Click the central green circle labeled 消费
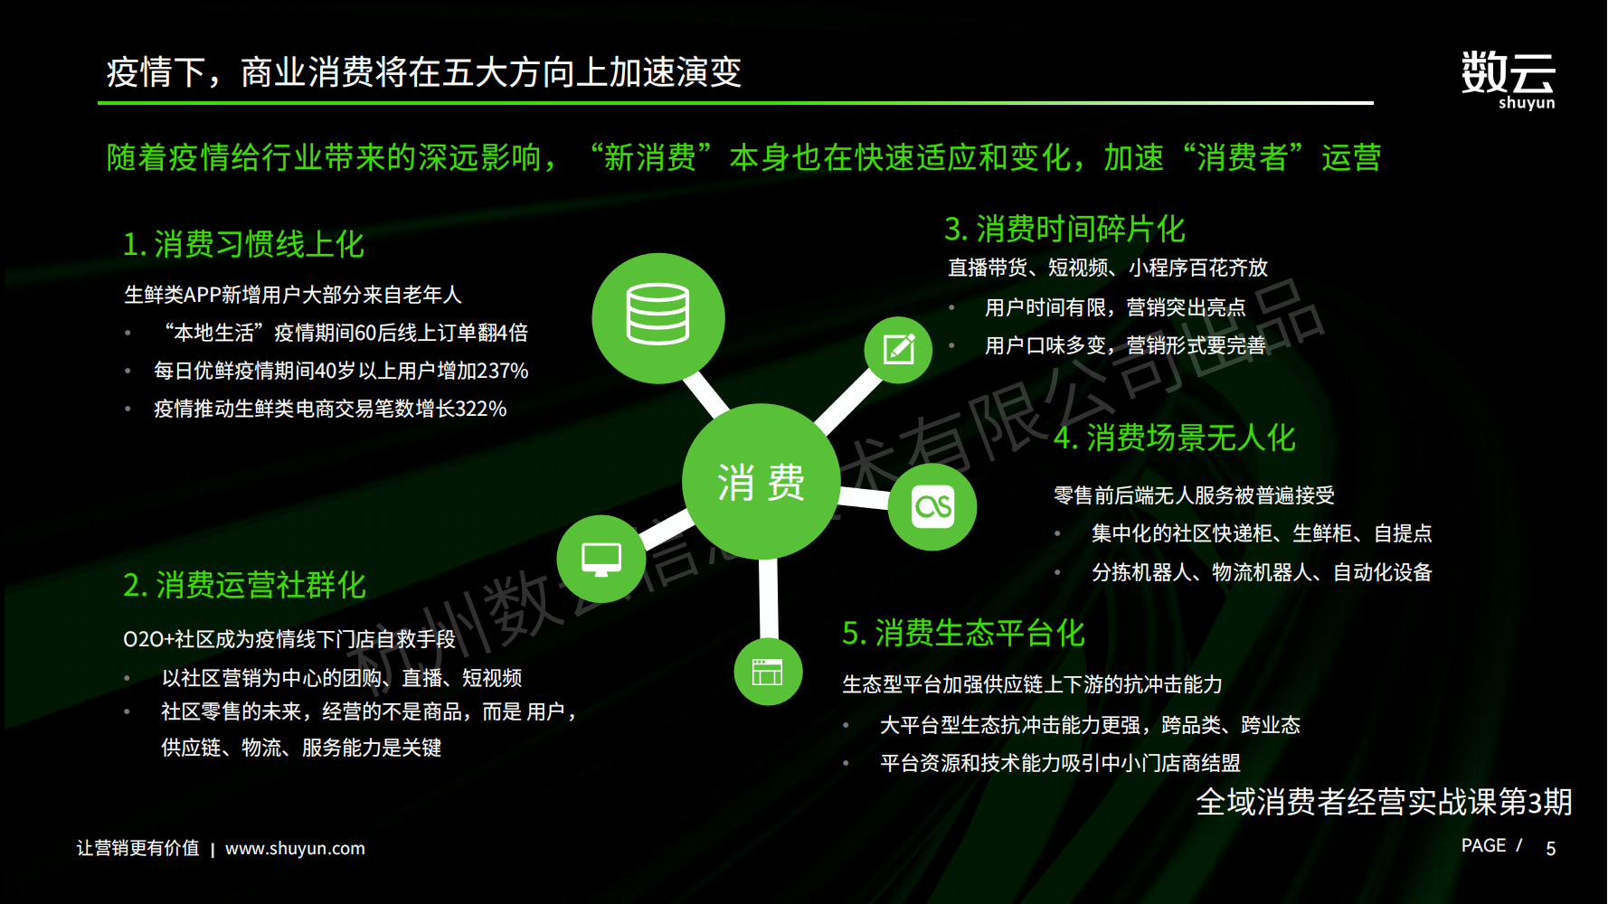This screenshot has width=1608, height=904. point(761,482)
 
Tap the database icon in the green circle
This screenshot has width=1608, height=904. point(658,315)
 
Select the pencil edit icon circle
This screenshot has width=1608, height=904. point(898,350)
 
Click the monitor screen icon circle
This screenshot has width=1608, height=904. point(601,559)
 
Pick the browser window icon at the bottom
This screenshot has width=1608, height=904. point(768,672)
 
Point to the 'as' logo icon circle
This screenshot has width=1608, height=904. point(932,506)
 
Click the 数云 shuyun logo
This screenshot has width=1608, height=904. point(1508,80)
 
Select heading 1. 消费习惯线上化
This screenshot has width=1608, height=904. point(243,244)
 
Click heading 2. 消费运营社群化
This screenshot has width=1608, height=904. point(244,585)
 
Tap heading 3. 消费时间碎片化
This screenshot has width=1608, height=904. point(1064,229)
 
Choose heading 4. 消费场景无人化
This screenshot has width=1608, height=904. point(1175,438)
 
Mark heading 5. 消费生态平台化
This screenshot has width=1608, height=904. point(963,633)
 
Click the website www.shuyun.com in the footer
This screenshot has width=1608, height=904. point(295,849)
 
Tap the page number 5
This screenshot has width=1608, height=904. point(1551,849)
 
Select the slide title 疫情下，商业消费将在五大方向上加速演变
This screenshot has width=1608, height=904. point(424,72)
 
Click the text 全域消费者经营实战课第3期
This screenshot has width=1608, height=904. point(1384,802)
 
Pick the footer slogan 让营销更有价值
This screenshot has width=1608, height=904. point(137,848)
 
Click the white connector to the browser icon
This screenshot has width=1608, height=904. point(769,599)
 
